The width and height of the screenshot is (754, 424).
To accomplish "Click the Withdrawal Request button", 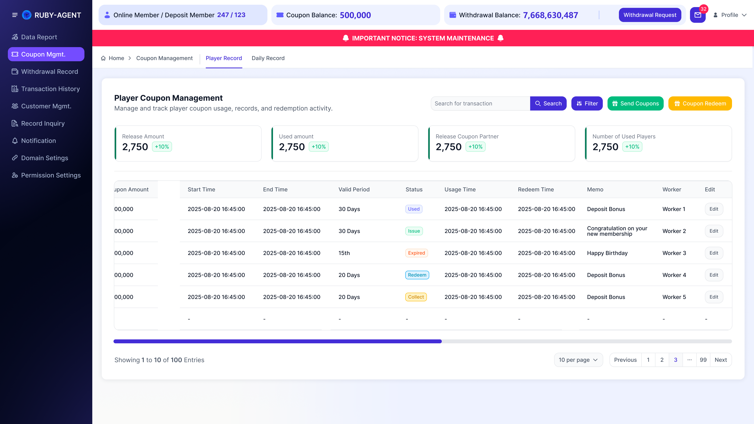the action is pos(650,15).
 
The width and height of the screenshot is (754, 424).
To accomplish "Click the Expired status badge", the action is pos(416,253).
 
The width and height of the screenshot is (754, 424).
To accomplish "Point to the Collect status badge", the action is pos(416,297).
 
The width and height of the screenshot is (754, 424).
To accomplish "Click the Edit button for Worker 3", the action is pos(714,253).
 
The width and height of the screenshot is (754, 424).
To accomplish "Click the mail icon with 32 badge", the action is pos(698,15).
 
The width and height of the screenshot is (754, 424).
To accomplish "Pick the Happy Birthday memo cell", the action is pos(607,253).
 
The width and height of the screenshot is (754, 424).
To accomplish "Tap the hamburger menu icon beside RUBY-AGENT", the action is pos(15,15).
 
